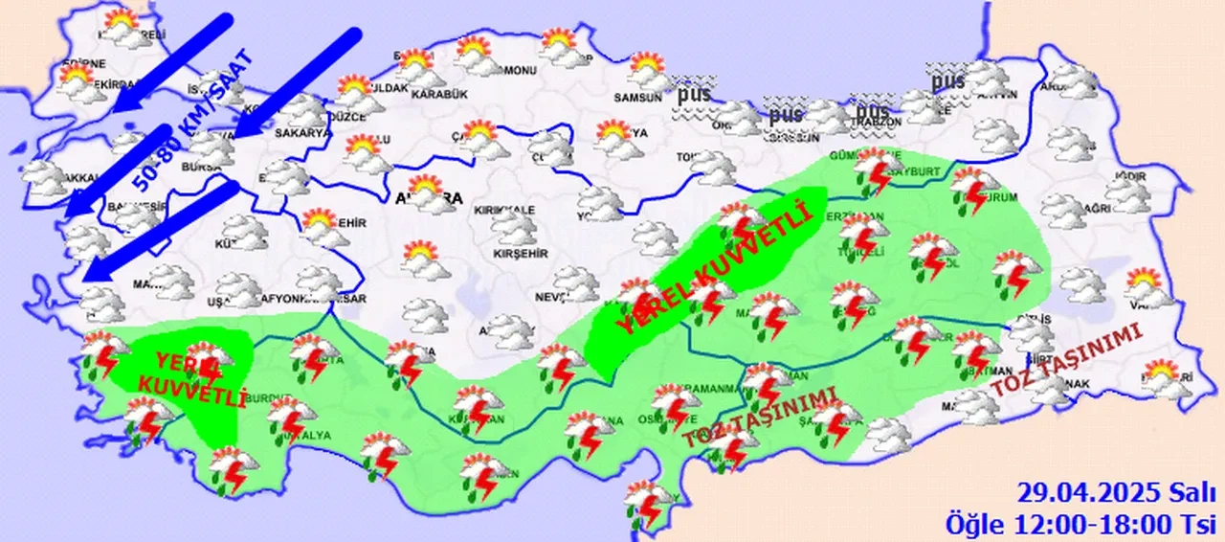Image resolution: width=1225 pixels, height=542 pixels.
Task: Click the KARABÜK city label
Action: click(441, 94)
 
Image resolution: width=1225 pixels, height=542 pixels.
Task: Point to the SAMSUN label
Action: click(638, 97)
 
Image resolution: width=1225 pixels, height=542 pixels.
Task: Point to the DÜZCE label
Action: click(346, 117)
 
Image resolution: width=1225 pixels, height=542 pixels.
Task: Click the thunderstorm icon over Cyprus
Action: click(649, 502)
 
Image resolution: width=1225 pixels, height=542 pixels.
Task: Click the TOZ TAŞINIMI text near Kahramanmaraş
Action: click(760, 418)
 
